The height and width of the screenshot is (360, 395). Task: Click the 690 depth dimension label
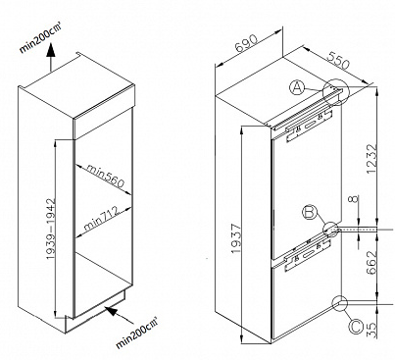(x=247, y=43)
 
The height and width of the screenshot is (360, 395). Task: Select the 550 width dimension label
(x=338, y=61)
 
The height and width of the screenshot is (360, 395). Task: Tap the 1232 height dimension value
(x=371, y=159)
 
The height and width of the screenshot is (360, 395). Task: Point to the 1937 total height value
(x=235, y=238)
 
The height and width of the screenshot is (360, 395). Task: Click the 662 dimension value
(x=371, y=262)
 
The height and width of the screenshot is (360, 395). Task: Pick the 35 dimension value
(x=371, y=331)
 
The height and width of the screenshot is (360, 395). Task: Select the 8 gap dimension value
(x=355, y=198)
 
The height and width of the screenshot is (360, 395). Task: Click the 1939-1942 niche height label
(x=51, y=229)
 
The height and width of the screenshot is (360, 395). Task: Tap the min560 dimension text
(x=106, y=177)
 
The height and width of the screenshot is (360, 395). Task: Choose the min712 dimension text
(x=101, y=218)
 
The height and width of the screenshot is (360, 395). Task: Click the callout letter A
(x=297, y=87)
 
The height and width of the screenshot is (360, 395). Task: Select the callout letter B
(x=310, y=213)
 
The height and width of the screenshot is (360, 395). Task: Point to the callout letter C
(x=356, y=327)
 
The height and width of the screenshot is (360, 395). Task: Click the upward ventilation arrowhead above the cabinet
(x=51, y=51)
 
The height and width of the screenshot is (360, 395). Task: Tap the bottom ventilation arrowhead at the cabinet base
(x=112, y=311)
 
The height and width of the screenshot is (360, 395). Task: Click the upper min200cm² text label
(x=40, y=36)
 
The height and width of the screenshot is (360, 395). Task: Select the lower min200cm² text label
(x=137, y=333)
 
